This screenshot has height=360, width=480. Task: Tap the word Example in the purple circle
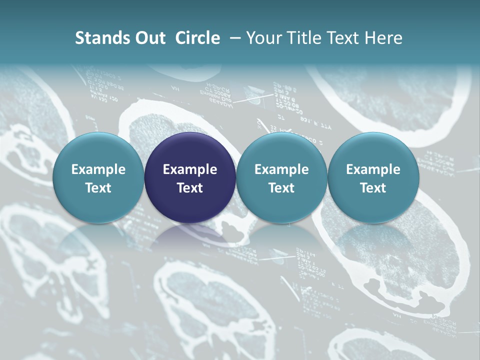pos(190,169)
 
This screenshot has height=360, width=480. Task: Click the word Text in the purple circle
pos(190,188)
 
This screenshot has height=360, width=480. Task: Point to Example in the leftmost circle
pos(98,169)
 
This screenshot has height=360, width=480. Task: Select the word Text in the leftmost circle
pos(98,188)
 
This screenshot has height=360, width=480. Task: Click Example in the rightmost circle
pos(373,169)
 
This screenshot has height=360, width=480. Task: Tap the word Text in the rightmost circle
pos(373,188)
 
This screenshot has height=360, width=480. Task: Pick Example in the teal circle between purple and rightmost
pos(281,169)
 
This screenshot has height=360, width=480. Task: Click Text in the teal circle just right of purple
pos(281,188)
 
